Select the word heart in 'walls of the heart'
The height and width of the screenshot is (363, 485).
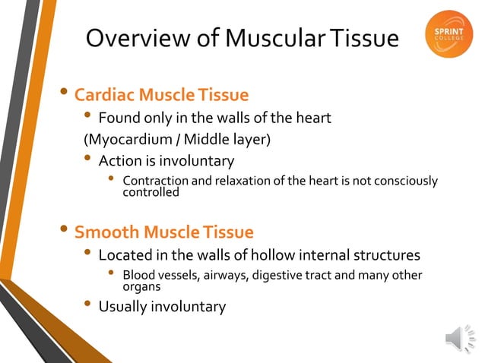point(312,118)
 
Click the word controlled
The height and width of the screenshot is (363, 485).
point(151,192)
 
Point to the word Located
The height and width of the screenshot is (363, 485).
point(126,254)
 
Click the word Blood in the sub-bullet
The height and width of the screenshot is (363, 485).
point(139,275)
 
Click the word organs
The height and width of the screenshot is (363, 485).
point(141,287)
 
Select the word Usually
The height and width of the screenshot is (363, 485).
point(125,307)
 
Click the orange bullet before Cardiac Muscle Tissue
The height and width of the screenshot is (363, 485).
point(66,94)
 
